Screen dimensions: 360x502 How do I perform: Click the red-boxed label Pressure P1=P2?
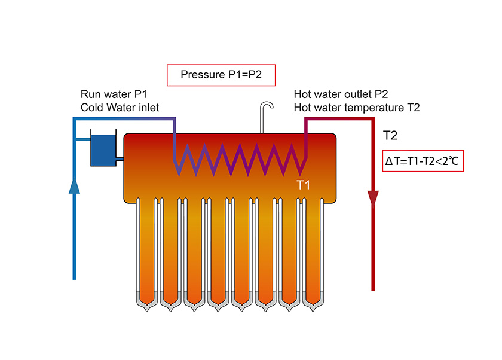[x=221, y=75]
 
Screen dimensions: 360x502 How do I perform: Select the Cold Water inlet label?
[x=120, y=108]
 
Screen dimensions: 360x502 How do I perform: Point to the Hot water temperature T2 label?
[x=357, y=108]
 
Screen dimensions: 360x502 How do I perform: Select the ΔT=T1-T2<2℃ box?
[x=423, y=161]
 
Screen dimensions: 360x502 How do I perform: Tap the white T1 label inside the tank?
[x=304, y=185]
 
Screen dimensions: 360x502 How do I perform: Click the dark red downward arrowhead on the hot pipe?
[x=374, y=198]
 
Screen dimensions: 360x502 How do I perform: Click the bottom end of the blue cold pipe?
[x=74, y=277]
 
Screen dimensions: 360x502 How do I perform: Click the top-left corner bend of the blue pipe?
[x=75, y=119]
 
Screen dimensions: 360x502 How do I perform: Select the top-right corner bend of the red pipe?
[x=373, y=119]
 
